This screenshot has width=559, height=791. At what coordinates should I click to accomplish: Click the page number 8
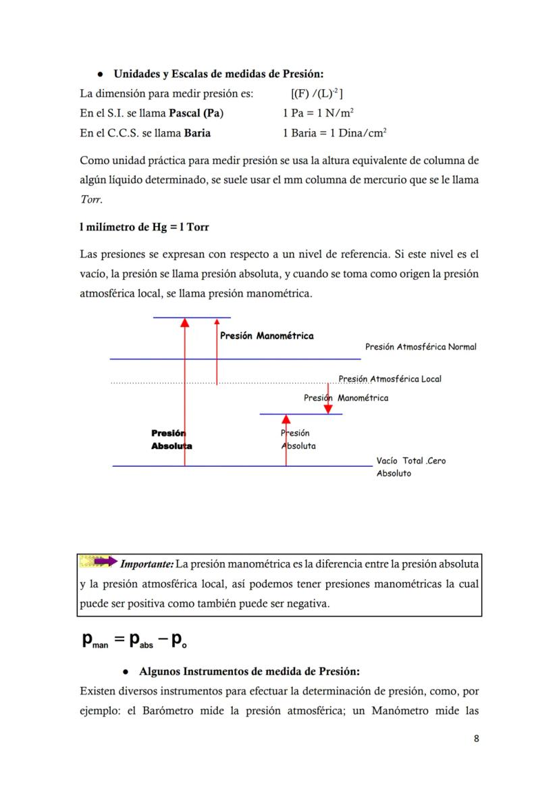[x=476, y=738]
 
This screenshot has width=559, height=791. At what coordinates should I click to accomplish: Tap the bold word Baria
[x=197, y=133]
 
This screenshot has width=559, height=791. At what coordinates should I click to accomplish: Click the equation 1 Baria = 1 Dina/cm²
[x=334, y=133]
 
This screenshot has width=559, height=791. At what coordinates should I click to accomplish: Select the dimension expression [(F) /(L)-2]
[x=317, y=94]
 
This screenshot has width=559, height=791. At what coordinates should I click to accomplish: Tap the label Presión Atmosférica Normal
[x=421, y=347]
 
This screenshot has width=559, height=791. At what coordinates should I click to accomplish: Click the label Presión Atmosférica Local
[x=390, y=379]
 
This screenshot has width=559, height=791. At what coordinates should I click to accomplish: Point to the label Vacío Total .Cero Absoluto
[x=410, y=467]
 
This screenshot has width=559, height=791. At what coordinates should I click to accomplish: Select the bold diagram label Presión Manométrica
[x=267, y=336]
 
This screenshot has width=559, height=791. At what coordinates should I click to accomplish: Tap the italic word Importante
[x=147, y=563]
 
